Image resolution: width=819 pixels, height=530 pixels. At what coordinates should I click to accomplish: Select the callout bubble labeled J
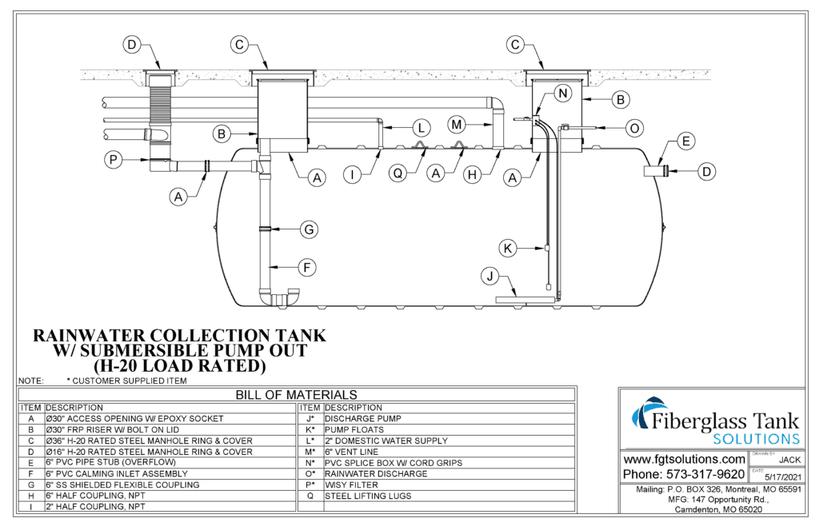tap(488, 277)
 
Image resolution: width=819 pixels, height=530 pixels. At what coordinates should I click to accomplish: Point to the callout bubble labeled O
tap(634, 127)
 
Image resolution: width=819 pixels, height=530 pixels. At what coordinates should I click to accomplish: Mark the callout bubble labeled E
tap(685, 142)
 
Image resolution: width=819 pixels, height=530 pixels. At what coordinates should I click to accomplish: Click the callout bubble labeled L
tap(421, 126)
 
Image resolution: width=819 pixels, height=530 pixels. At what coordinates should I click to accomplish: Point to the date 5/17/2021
tap(776, 477)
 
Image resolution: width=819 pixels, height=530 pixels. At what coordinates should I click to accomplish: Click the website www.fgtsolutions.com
tap(684, 460)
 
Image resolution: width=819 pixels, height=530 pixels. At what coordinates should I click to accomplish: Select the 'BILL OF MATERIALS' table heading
tap(296, 395)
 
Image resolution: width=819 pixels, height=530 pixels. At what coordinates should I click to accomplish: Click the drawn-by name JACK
tap(789, 460)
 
